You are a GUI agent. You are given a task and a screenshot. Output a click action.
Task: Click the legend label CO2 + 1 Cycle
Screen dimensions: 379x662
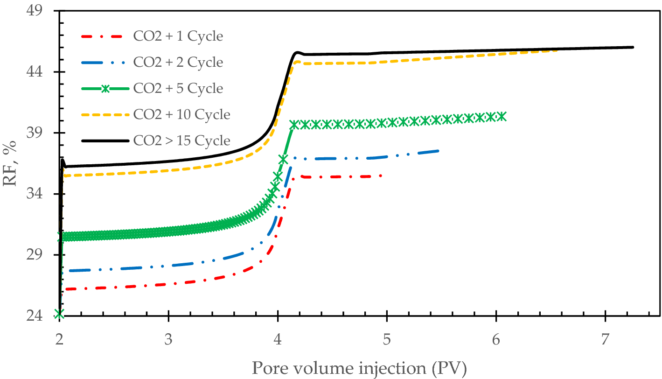(x=178, y=35)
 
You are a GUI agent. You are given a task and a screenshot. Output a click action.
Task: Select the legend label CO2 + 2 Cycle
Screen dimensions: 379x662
(x=178, y=62)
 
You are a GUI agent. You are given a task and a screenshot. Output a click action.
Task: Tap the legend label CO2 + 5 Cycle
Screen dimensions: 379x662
(x=178, y=88)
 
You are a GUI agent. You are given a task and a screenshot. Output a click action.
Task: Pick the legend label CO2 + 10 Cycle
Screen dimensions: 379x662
(x=181, y=114)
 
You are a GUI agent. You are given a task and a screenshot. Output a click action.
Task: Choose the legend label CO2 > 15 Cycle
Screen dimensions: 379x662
(x=181, y=140)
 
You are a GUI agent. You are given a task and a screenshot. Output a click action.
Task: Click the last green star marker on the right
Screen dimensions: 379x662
(x=502, y=116)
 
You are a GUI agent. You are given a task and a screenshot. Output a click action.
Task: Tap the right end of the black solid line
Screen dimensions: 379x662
(x=633, y=47)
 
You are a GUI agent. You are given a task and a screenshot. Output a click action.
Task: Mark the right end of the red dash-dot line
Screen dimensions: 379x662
(x=381, y=175)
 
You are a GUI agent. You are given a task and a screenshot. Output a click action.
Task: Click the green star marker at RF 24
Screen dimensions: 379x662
(x=59, y=313)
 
